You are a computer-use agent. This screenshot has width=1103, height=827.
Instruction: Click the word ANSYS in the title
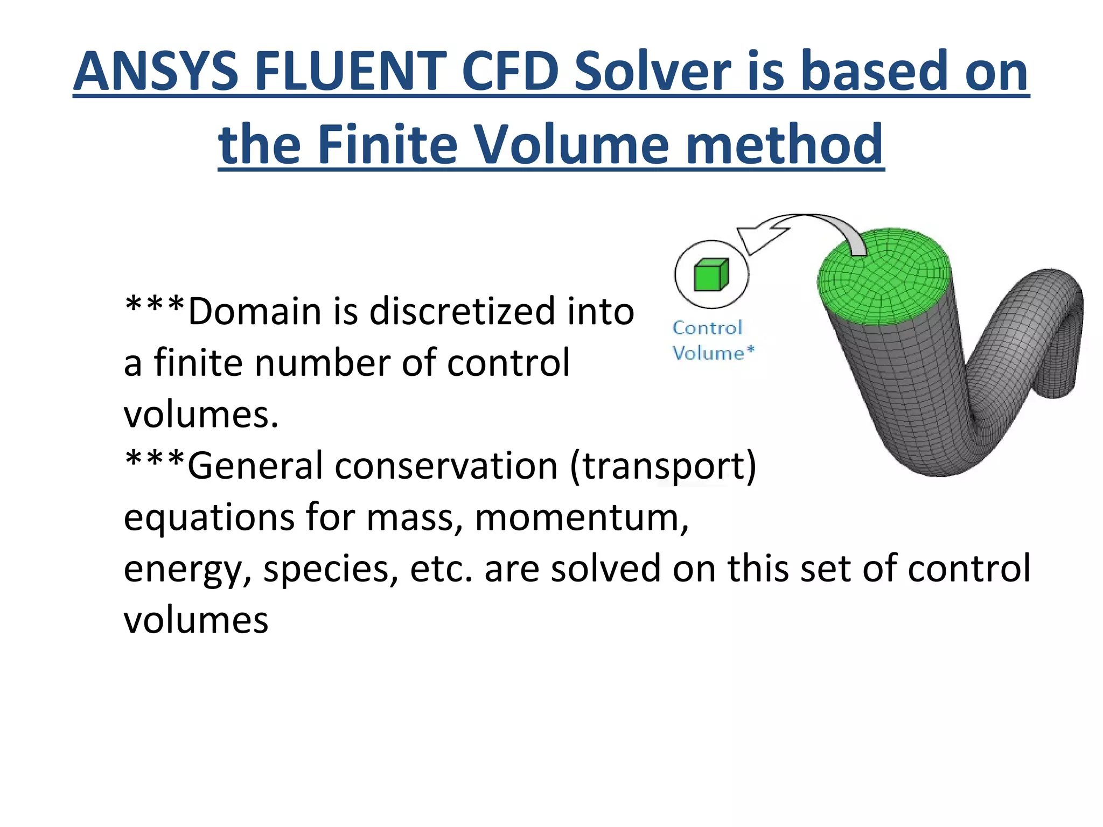point(156,72)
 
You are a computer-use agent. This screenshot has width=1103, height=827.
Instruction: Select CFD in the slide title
point(509,72)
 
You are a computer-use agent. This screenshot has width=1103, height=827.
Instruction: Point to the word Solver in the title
point(652,72)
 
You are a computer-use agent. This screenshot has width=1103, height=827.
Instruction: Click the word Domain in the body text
point(256,312)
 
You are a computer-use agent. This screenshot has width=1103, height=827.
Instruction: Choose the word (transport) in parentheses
point(663,466)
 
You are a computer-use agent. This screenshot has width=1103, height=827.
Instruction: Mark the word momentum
point(581,517)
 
